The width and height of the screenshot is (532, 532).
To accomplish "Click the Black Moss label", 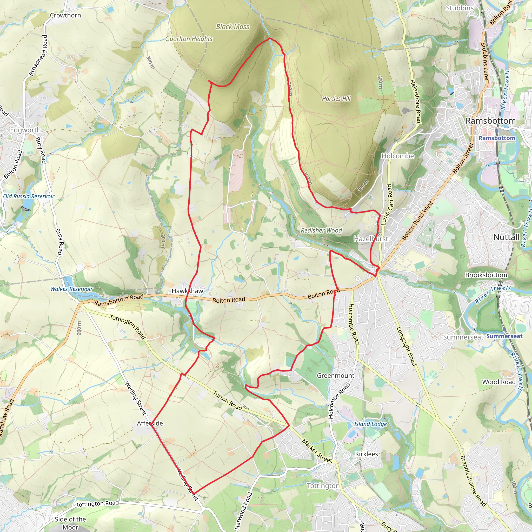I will (232, 27).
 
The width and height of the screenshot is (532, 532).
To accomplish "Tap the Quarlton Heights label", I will (189, 39).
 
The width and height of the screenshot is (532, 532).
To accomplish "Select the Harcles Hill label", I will (336, 98).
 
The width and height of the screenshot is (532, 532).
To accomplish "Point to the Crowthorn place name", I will (65, 15).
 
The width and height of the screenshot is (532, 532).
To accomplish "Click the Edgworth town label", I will (25, 130).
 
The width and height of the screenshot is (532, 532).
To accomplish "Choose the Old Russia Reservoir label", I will (29, 196).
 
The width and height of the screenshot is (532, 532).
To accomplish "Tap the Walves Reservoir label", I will (71, 289).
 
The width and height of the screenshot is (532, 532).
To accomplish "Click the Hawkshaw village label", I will (187, 291).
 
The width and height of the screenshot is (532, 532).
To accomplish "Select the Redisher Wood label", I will (321, 230).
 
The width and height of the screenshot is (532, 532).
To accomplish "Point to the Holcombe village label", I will (398, 156).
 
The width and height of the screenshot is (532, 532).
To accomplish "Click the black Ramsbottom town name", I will (490, 121).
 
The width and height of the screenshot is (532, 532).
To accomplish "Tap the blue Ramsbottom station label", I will (497, 138).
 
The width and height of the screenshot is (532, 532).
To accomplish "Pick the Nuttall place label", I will (506, 237).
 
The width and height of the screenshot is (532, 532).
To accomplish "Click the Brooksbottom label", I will (486, 275).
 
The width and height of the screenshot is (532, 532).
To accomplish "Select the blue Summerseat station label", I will (504, 336).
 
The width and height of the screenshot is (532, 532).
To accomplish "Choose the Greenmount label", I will (335, 376).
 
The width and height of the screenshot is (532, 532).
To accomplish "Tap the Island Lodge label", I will (370, 424).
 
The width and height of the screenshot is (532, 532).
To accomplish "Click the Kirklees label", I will (367, 454).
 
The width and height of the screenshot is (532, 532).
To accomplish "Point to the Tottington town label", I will (323, 486).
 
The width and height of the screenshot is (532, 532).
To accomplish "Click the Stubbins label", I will (460, 8).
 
